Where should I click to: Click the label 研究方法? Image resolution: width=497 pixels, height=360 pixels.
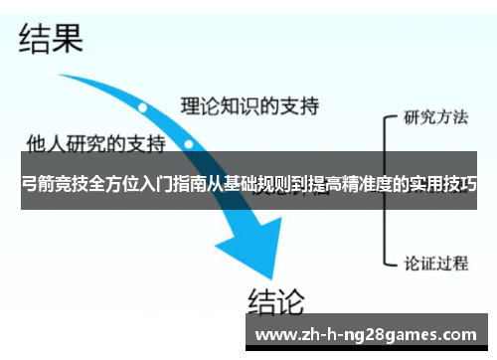pos(435,117)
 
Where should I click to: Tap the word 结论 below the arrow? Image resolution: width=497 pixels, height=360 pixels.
pos(275,298)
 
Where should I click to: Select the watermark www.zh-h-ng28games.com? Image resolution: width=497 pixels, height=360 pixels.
pos(366,334)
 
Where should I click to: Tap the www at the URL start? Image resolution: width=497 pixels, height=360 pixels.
pos(273,334)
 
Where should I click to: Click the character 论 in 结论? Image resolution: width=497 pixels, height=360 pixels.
pos(290,298)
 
